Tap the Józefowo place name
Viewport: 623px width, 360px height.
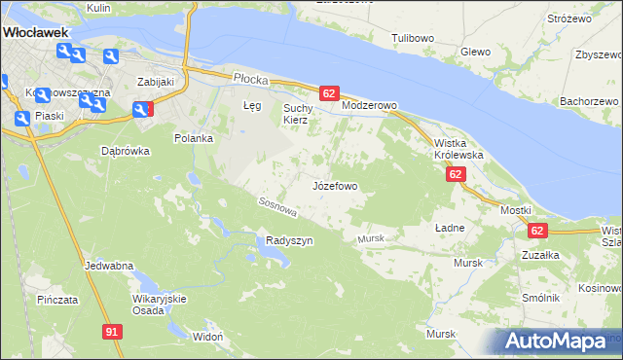(336, 185)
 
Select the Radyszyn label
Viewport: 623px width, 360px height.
(289, 241)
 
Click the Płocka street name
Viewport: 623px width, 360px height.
(249, 76)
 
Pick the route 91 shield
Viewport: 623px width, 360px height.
(113, 332)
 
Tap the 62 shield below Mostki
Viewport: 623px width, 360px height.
(538, 231)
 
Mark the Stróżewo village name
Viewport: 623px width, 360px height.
(569, 18)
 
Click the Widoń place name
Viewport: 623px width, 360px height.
(208, 337)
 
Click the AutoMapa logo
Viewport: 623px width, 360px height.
(558, 342)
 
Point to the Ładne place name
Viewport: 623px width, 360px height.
(449, 227)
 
